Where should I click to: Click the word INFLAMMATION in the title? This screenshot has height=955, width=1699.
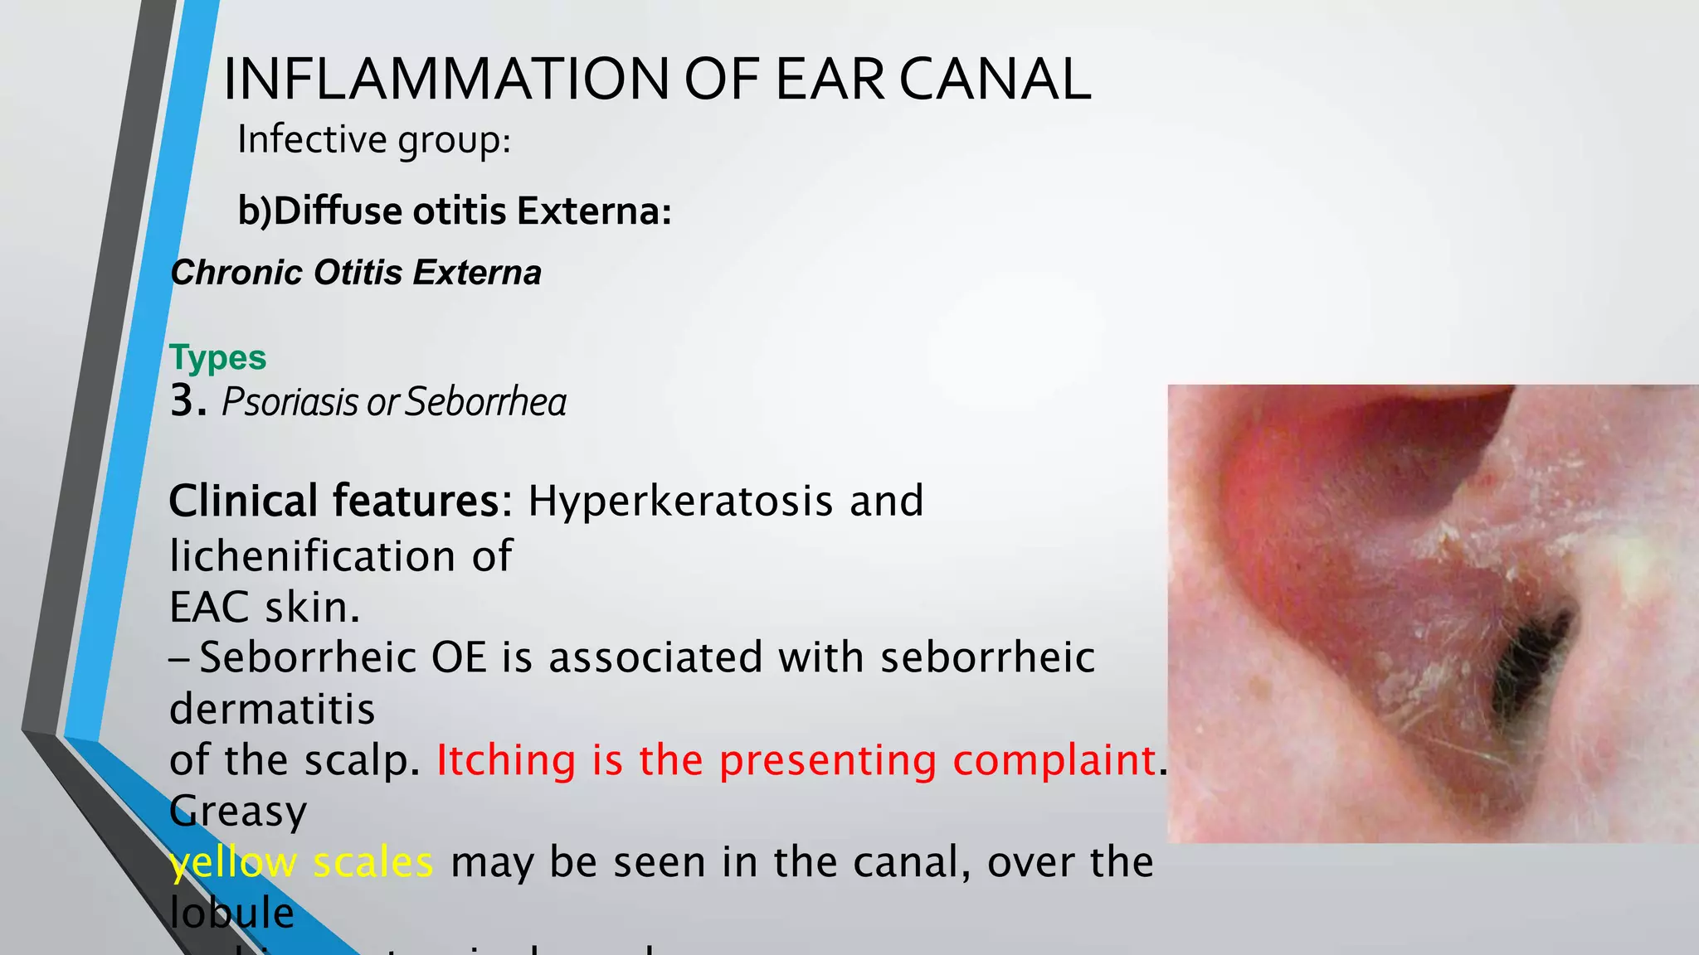tap(445, 80)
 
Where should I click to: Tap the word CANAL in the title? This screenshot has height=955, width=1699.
tap(995, 80)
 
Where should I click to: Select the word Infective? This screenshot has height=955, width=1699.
tap(311, 139)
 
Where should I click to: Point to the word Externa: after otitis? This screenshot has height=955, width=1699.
tap(594, 211)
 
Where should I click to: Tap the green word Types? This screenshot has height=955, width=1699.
tap(218, 357)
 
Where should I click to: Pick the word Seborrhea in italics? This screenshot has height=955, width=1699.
tap(486, 402)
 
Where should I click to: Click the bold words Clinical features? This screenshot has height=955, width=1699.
tap(340, 501)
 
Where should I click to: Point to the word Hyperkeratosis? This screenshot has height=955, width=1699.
tap(680, 501)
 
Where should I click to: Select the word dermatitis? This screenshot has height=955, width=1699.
tap(272, 709)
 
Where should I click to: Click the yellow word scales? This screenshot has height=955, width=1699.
tap(373, 862)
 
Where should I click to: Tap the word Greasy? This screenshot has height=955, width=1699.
tap(238, 811)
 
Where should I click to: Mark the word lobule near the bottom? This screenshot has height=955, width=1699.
tap(231, 913)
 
